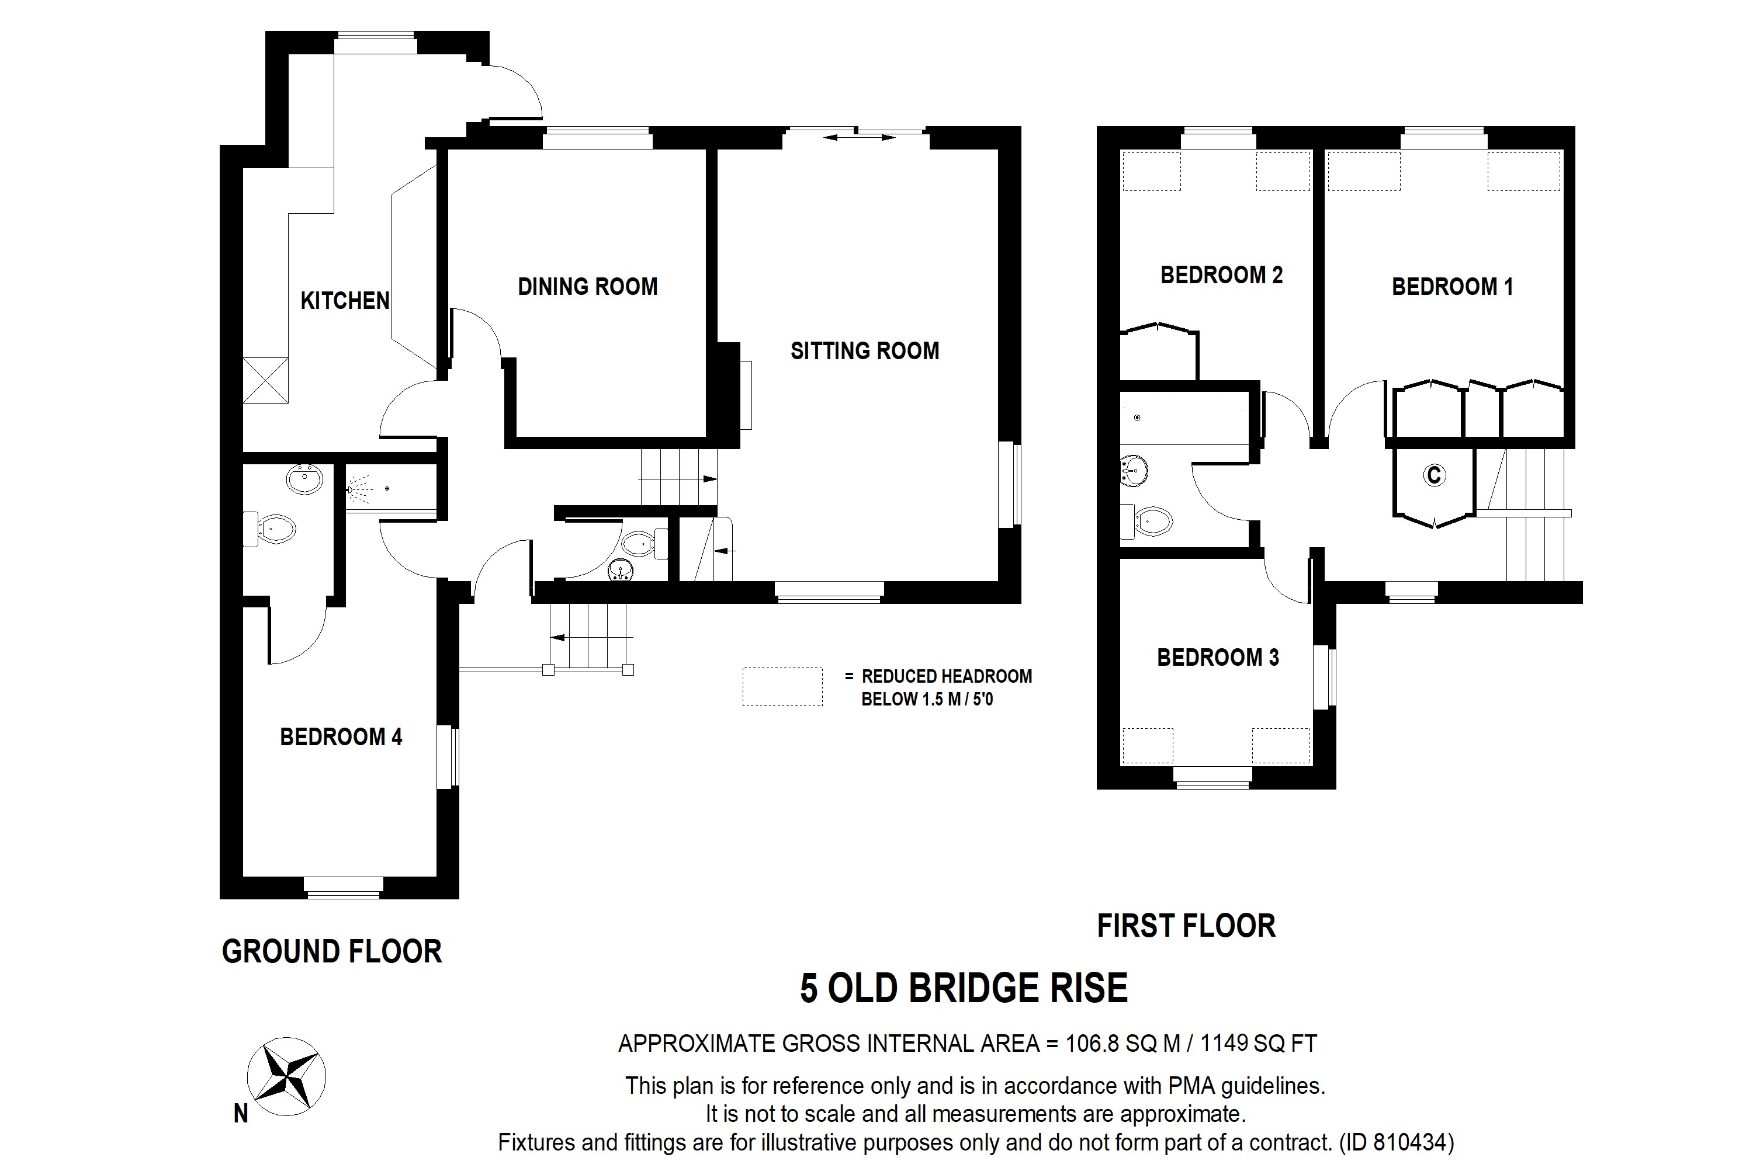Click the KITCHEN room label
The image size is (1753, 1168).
[344, 301]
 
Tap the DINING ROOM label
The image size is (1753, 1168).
[587, 287]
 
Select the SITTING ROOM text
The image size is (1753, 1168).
[865, 351]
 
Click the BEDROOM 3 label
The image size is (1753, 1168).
[1217, 658]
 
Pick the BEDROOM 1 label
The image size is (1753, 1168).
[1452, 287]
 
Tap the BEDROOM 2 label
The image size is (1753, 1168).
[1221, 275]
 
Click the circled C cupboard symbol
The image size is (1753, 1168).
[1434, 474]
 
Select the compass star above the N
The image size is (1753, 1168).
[286, 1077]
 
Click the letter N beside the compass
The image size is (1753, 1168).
[241, 1114]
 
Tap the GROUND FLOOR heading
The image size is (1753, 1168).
[332, 952]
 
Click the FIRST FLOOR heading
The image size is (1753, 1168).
[1186, 926]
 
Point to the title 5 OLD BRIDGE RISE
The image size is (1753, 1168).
[964, 989]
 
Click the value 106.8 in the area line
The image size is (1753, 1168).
[1093, 1044]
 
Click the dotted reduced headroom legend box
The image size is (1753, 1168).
[782, 687]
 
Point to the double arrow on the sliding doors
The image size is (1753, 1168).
[858, 137]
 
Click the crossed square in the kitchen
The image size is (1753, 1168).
[265, 380]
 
